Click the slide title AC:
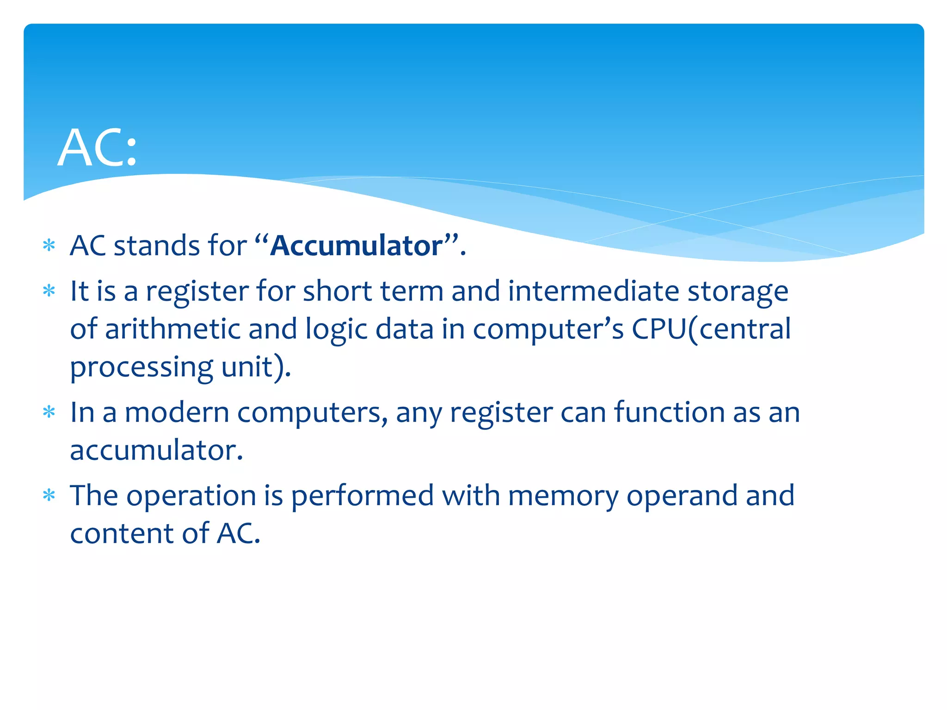(x=98, y=148)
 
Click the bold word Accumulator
(x=357, y=245)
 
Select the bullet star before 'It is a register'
(x=49, y=291)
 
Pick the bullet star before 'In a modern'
(x=49, y=411)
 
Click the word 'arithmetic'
(x=172, y=329)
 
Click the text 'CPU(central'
(x=711, y=329)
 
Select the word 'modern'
(x=177, y=412)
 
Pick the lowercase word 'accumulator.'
(x=156, y=450)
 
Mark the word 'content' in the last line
(x=122, y=533)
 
